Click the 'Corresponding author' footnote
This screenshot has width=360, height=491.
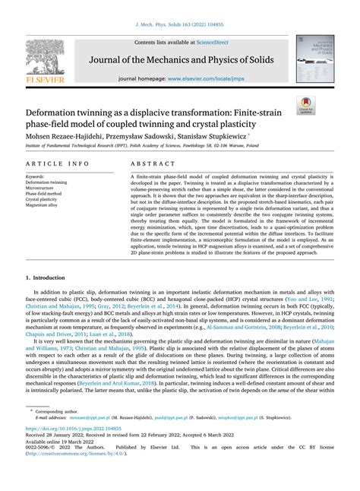point(61,432)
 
